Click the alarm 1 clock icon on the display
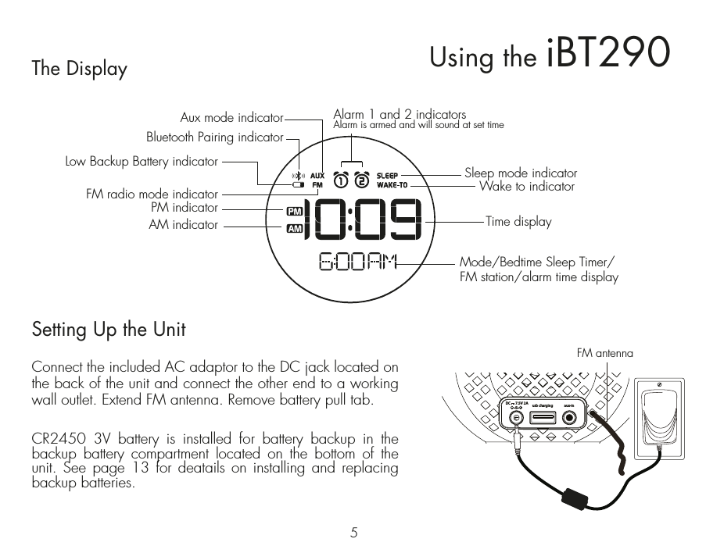342,180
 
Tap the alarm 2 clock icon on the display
361,180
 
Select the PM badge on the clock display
294,211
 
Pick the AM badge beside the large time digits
294,229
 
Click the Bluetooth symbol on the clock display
297,176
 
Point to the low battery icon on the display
297,186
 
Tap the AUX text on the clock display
317,176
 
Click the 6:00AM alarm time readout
358,262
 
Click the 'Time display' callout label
518,222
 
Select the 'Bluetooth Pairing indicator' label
214,137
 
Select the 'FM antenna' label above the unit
604,354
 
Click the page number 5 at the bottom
354,533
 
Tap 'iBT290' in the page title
608,52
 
